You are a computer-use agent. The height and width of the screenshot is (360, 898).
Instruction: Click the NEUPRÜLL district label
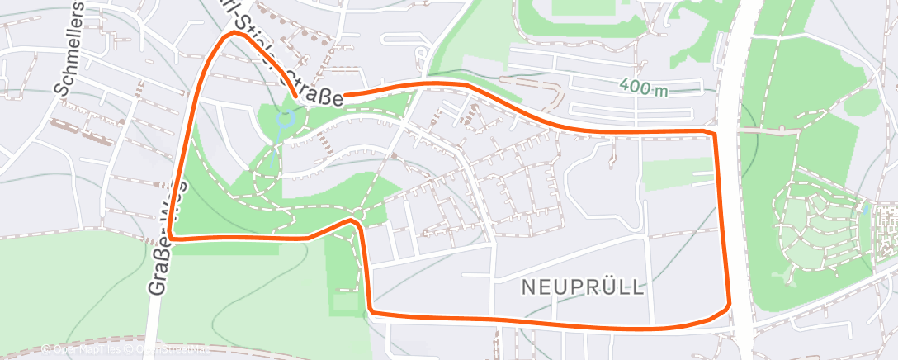pos(584,287)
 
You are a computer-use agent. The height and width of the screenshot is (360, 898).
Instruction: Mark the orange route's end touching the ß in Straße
pos(345,95)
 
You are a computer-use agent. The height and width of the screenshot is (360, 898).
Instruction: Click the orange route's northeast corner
pos(711,133)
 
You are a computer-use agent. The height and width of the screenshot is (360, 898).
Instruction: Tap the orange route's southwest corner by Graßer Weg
pos(173,238)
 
